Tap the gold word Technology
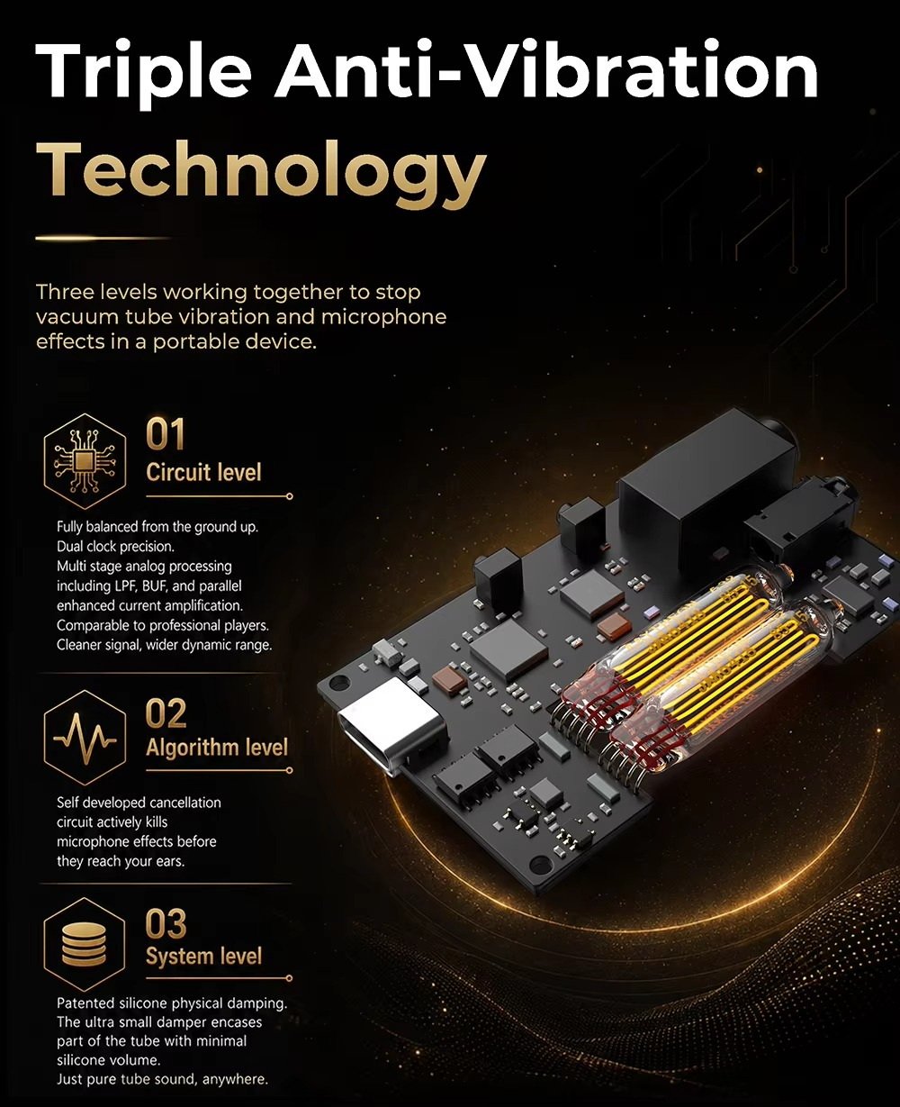pyautogui.click(x=261, y=174)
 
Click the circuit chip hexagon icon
pyautogui.click(x=85, y=461)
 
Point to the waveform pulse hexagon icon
pyautogui.click(x=85, y=738)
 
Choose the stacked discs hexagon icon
pyautogui.click(x=84, y=945)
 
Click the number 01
pyautogui.click(x=165, y=434)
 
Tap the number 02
pyautogui.click(x=166, y=713)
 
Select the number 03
pyautogui.click(x=166, y=923)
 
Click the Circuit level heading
pyautogui.click(x=203, y=472)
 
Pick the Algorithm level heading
pyautogui.click(x=217, y=748)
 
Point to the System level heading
pyautogui.click(x=203, y=957)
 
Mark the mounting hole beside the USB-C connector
pyautogui.click(x=338, y=681)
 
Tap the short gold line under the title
pyautogui.click(x=103, y=239)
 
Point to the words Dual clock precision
pyautogui.click(x=115, y=547)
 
